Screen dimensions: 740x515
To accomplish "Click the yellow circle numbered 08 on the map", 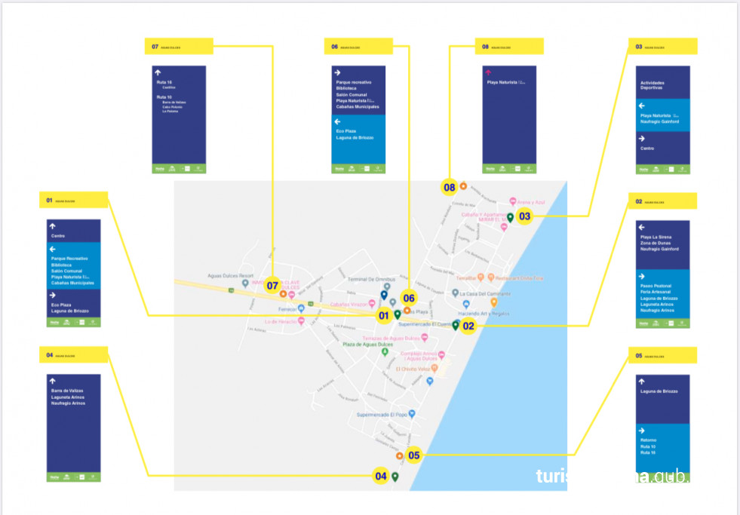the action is pyautogui.click(x=450, y=186).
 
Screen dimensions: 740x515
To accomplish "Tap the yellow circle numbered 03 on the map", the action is pyautogui.click(x=524, y=216).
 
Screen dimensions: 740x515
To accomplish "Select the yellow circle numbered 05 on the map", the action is pyautogui.click(x=413, y=455).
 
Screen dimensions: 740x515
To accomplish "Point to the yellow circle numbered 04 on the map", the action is pyautogui.click(x=381, y=476).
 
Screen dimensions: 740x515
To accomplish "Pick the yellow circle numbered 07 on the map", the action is pyautogui.click(x=272, y=286).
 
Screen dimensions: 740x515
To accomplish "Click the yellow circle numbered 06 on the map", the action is pyautogui.click(x=409, y=298).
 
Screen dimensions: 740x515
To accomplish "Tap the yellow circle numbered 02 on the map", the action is pyautogui.click(x=468, y=326).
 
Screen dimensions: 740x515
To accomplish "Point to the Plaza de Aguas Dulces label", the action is pyautogui.click(x=373, y=345).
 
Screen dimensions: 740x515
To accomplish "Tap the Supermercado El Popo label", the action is pyautogui.click(x=381, y=414).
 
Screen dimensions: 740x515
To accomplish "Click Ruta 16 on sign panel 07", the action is pyautogui.click(x=164, y=81).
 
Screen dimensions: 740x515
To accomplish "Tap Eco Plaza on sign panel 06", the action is pyautogui.click(x=345, y=131).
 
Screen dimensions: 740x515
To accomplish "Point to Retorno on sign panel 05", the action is pyautogui.click(x=648, y=440).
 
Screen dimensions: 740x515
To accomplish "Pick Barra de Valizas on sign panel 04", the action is pyautogui.click(x=67, y=391).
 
